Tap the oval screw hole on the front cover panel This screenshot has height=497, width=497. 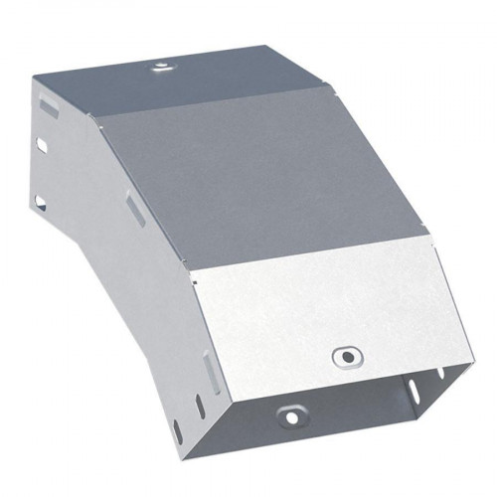[345, 354]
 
